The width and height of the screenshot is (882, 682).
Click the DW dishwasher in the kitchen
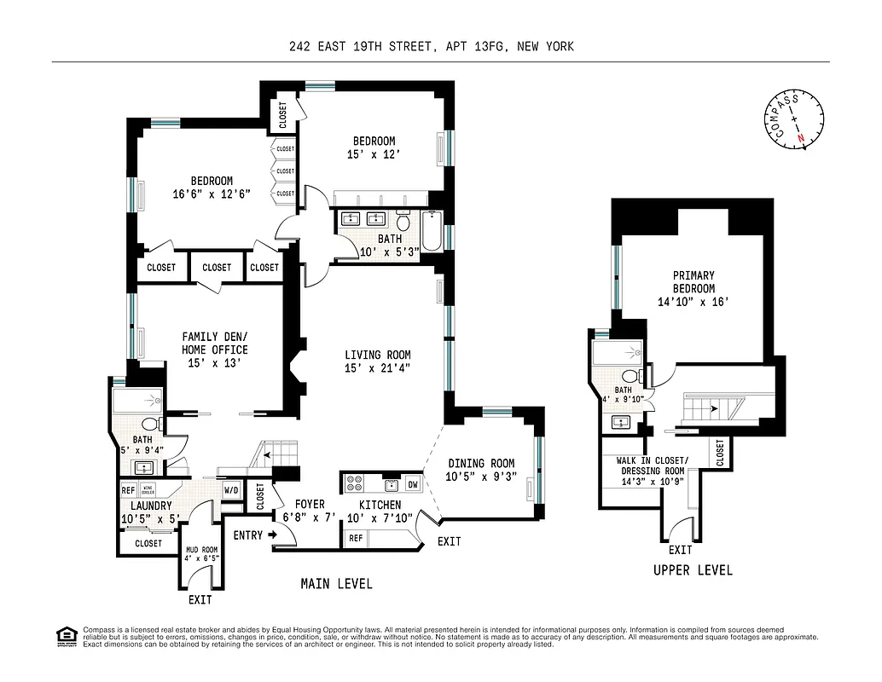pyautogui.click(x=413, y=484)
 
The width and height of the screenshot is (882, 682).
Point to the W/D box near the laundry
pyautogui.click(x=231, y=490)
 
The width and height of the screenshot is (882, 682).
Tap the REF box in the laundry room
pyautogui.click(x=129, y=490)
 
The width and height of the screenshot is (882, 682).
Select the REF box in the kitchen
pyautogui.click(x=355, y=539)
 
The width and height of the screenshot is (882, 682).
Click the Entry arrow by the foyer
pyautogui.click(x=271, y=535)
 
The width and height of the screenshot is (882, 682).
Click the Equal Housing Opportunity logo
pyautogui.click(x=64, y=634)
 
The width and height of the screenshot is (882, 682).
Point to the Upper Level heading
pyautogui.click(x=693, y=570)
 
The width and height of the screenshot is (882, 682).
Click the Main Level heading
pyautogui.click(x=336, y=584)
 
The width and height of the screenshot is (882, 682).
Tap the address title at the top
pyautogui.click(x=432, y=47)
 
